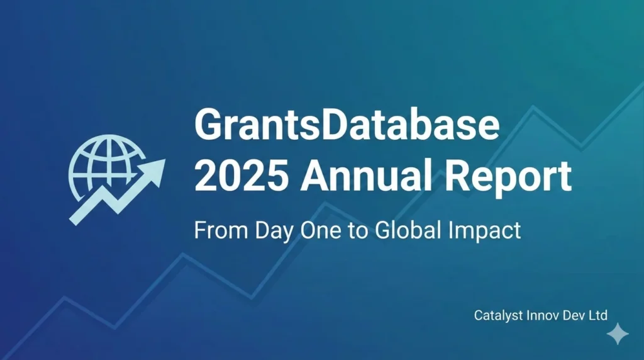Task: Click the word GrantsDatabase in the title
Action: tap(347, 126)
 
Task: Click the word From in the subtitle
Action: tap(214, 230)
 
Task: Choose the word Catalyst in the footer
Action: tap(495, 315)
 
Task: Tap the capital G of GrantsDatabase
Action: tap(211, 126)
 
